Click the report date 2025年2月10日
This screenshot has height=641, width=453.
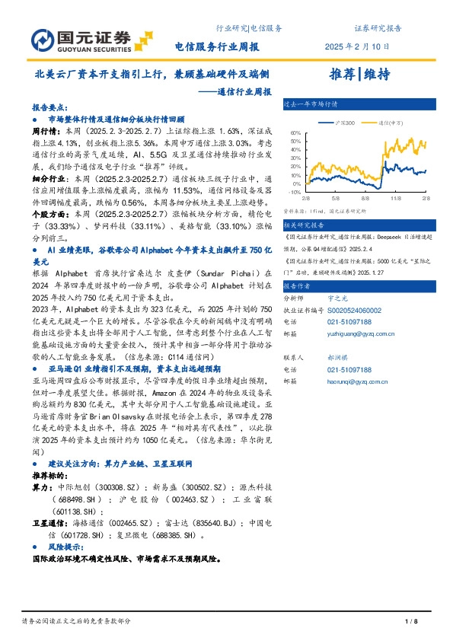[x=357, y=46]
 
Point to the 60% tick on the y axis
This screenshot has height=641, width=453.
[x=295, y=132]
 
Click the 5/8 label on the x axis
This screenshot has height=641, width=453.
[x=334, y=199]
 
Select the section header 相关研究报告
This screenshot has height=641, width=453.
[x=304, y=225]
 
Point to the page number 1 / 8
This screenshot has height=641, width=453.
[x=412, y=622]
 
